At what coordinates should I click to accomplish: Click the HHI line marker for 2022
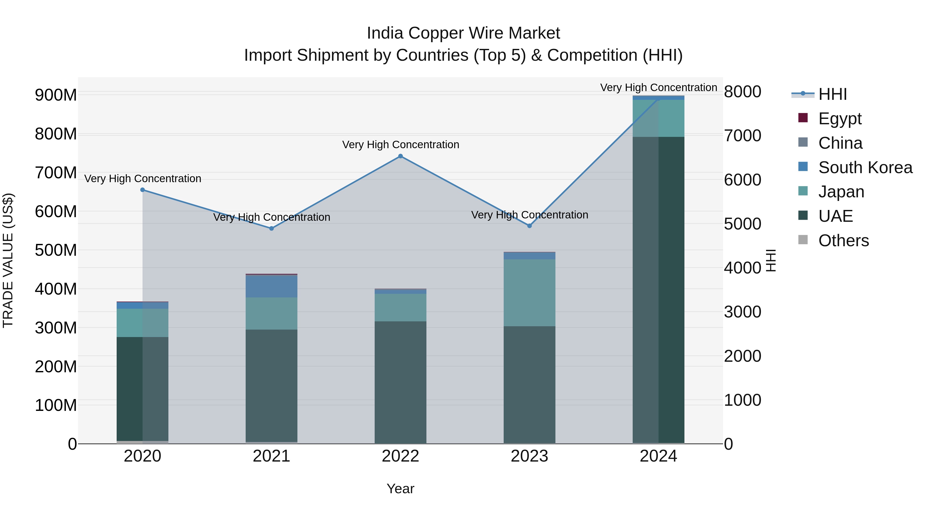[x=400, y=156]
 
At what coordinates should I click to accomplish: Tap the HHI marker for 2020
[x=142, y=190]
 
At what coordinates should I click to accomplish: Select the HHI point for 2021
[x=272, y=228]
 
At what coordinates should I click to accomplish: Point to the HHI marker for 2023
[x=529, y=226]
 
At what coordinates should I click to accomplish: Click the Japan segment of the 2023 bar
[x=529, y=293]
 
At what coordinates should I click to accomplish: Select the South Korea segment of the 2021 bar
[x=272, y=286]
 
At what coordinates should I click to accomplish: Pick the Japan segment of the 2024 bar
[x=658, y=118]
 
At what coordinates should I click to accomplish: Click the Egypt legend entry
[x=839, y=119]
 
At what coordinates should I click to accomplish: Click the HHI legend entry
[x=832, y=94]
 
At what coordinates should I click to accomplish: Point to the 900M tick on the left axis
[x=56, y=95]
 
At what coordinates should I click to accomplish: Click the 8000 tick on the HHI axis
[x=742, y=92]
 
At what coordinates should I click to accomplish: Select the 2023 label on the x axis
[x=529, y=456]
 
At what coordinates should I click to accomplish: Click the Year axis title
[x=400, y=489]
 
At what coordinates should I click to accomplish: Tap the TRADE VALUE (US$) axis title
[x=8, y=260]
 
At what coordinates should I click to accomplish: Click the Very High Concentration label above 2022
[x=400, y=145]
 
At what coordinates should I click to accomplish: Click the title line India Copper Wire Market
[x=463, y=33]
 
